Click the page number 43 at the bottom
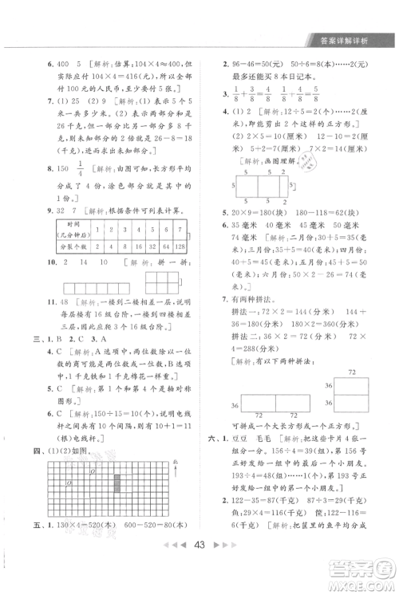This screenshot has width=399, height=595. [200, 569]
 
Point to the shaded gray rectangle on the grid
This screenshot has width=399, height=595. [119, 483]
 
